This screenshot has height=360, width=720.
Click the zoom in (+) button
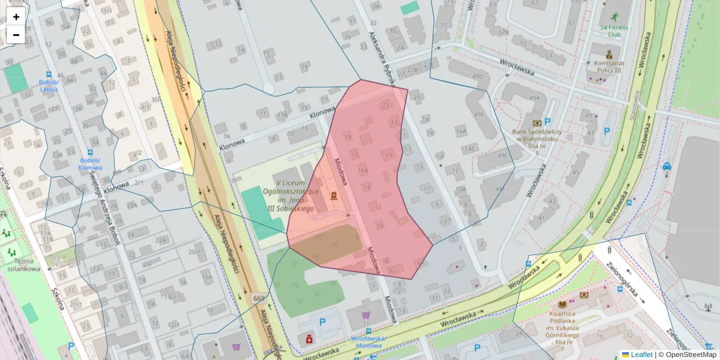[16, 17]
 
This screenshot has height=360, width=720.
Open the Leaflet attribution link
[637, 355]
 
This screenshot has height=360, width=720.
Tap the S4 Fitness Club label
[614, 31]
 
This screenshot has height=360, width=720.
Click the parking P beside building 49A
[547, 121]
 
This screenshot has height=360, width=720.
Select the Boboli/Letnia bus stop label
[49, 85]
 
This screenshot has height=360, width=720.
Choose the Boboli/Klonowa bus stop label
[91, 164]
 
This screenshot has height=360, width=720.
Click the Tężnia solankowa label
[24, 264]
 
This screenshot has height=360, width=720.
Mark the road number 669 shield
[259, 298]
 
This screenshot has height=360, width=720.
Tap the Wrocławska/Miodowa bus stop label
[368, 341]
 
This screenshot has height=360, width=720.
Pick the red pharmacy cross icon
[310, 339]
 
